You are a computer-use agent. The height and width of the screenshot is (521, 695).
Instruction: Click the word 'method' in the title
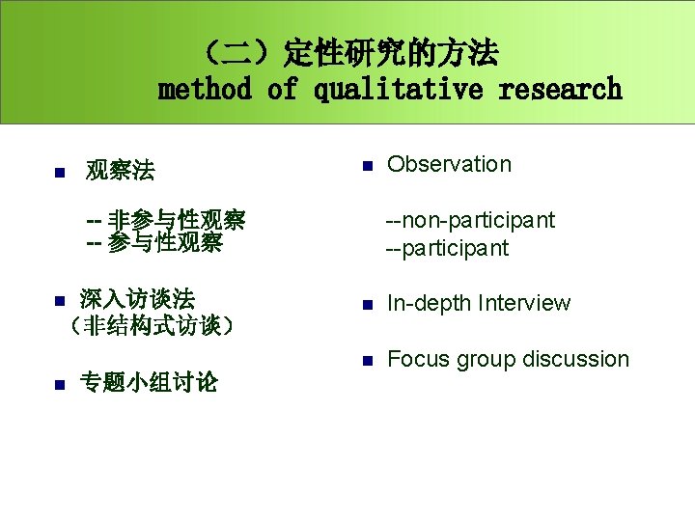pos(204,90)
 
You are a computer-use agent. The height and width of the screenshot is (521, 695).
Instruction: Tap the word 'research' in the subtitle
pos(560,90)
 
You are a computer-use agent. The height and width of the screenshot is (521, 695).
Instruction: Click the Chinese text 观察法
pos(120,172)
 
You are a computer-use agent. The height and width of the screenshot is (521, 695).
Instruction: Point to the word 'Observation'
pos(449,164)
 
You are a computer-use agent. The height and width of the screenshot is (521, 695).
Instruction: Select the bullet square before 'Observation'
pos(367,166)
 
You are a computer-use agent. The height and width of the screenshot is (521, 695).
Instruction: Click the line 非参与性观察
pos(165,220)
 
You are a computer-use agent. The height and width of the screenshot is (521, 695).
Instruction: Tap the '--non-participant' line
pos(470,220)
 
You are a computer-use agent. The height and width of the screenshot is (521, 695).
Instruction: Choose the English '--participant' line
pos(447,248)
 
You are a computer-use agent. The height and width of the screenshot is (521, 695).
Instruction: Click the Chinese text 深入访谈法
pos(137,298)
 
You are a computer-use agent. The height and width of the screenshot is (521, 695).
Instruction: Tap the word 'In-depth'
pos(428,303)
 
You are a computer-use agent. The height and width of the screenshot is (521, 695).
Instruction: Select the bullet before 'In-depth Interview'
pos(367,306)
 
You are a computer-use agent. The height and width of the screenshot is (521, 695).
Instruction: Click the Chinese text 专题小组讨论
pos(149,382)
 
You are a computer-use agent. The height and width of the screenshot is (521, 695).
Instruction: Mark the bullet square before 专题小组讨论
pos(58,384)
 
